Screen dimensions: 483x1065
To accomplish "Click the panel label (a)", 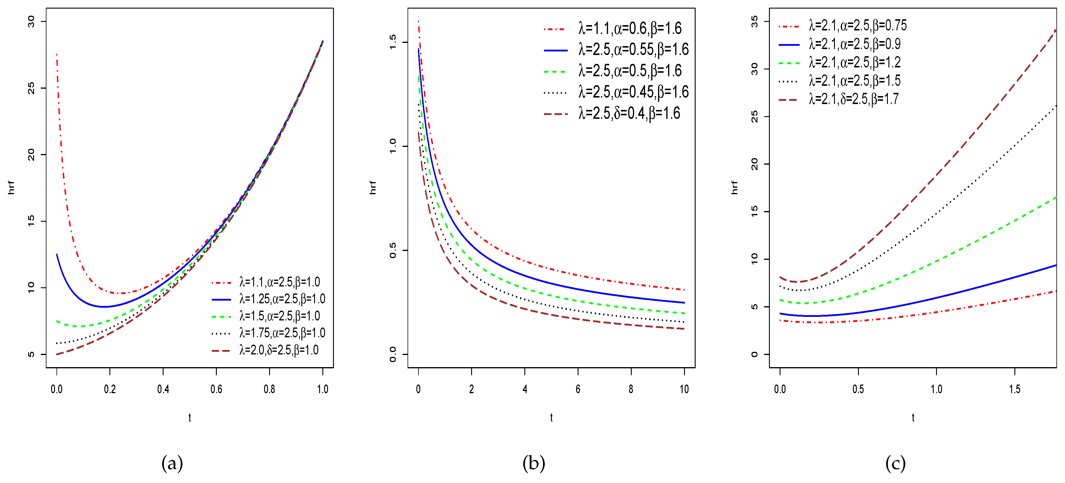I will point(172,463).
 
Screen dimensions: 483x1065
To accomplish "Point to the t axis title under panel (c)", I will point(913,418).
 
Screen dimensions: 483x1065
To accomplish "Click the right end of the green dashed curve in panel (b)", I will point(684,314).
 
